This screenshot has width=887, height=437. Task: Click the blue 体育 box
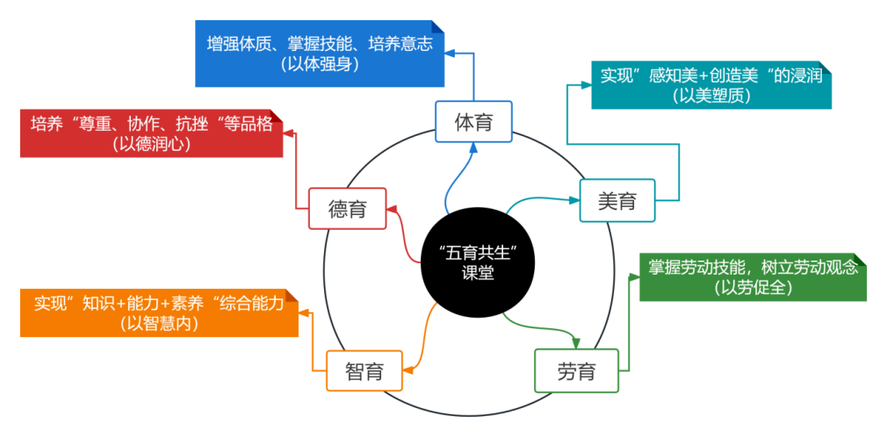(x=473, y=122)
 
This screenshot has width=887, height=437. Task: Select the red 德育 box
(x=347, y=209)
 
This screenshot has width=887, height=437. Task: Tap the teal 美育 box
(x=617, y=202)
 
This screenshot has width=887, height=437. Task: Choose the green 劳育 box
(x=576, y=370)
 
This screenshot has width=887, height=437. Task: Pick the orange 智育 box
(x=364, y=370)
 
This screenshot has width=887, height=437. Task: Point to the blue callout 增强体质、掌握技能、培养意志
(x=320, y=53)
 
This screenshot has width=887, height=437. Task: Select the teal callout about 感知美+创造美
(x=710, y=84)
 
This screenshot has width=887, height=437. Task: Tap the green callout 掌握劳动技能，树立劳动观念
(x=753, y=277)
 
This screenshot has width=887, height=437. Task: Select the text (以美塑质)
(x=711, y=96)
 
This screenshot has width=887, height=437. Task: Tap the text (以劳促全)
(x=754, y=288)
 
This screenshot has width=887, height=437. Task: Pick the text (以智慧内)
(x=159, y=324)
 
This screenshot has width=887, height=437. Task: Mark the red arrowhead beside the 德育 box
(x=393, y=210)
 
